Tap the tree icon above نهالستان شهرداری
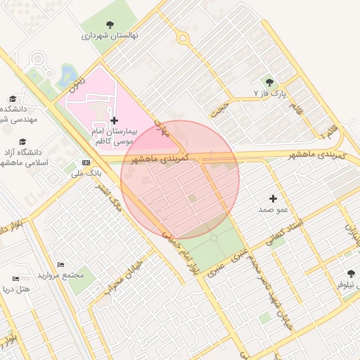(110, 24)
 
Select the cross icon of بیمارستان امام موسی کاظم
(115, 121)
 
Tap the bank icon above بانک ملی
(86, 162)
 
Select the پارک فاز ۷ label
(271, 93)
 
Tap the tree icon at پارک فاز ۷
(269, 83)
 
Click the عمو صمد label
(274, 210)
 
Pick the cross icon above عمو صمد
(274, 199)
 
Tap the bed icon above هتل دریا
(16, 278)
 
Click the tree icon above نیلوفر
(351, 274)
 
